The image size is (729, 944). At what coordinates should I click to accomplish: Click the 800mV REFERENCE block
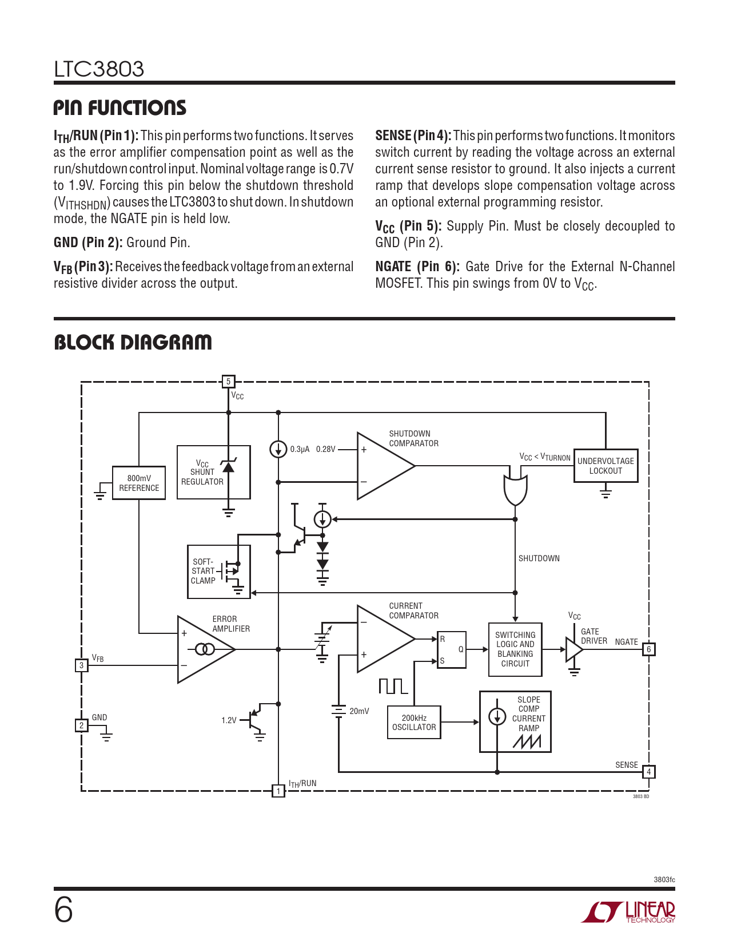click(x=139, y=483)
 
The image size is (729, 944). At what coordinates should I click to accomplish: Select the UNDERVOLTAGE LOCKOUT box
click(x=605, y=466)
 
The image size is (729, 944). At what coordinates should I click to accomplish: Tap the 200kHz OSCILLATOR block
click(x=414, y=723)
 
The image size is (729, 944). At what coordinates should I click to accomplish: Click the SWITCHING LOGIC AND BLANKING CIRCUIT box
click(x=515, y=649)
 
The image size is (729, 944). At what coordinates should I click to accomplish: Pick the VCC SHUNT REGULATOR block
click(x=213, y=472)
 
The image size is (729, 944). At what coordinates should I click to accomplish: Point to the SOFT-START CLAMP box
click(x=219, y=572)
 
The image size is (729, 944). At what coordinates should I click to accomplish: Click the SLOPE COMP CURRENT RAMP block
click(x=515, y=721)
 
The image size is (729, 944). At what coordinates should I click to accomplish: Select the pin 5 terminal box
click(x=228, y=382)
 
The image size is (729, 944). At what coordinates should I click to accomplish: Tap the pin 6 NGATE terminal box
click(x=648, y=649)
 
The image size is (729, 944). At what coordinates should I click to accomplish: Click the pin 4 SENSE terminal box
click(x=648, y=772)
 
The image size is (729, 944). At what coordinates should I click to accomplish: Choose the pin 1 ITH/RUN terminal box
click(x=278, y=791)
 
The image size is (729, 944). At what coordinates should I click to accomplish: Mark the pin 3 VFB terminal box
click(x=82, y=665)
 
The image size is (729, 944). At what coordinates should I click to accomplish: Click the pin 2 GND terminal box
click(x=82, y=725)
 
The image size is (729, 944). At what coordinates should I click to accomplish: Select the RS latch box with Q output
click(x=452, y=649)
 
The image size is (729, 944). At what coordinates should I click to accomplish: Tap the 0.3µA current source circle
click(x=278, y=449)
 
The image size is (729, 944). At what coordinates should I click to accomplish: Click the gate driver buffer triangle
click(x=573, y=649)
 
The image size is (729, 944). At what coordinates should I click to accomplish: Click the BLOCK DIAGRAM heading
click(x=133, y=342)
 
